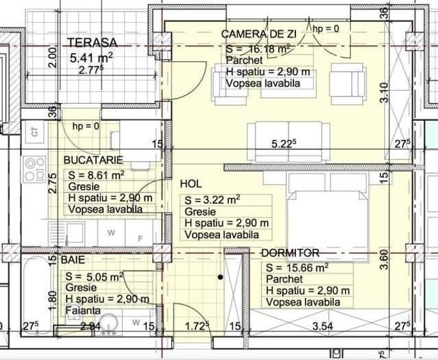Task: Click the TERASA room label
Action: [x=93, y=43]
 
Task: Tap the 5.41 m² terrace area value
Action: [x=91, y=58]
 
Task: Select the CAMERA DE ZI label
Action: [x=254, y=34]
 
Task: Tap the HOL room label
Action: [x=191, y=184]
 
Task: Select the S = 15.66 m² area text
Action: [x=297, y=268]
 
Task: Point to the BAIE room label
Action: [x=72, y=260]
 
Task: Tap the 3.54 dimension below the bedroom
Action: [x=323, y=327]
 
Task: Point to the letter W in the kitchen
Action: [x=111, y=233]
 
